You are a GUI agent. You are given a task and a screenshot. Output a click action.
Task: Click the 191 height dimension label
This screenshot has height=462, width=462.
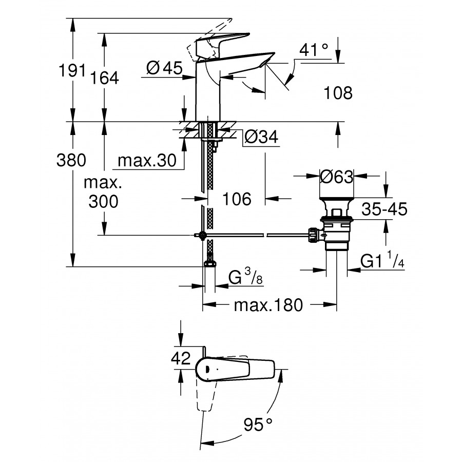pos(71,71)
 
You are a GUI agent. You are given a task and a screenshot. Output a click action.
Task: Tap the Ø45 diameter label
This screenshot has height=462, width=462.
pos(164,68)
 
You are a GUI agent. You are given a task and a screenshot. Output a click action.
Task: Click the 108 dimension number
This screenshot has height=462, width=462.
pos(338,93)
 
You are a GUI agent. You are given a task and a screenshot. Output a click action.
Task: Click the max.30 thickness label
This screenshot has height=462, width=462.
pos(143,161)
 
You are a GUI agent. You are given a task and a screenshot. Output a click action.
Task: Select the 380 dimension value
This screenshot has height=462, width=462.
pos(71,160)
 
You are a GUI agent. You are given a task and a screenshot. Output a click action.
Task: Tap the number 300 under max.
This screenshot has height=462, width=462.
pos(103,201)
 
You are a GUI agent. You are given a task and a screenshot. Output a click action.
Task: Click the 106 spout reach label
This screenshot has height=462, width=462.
pos(237,199)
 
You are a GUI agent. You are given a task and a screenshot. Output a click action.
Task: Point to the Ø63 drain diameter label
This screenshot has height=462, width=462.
pos(336,177)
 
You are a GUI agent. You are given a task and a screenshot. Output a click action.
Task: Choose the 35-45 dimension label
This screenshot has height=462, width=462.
pos(384,209)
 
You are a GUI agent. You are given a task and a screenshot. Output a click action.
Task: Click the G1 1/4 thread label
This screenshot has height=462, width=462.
pos(382,262)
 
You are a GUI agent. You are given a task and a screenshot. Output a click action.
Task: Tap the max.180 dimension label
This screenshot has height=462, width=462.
pos(268,305)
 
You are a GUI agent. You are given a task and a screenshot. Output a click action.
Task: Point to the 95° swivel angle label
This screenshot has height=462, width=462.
pos(258,425)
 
